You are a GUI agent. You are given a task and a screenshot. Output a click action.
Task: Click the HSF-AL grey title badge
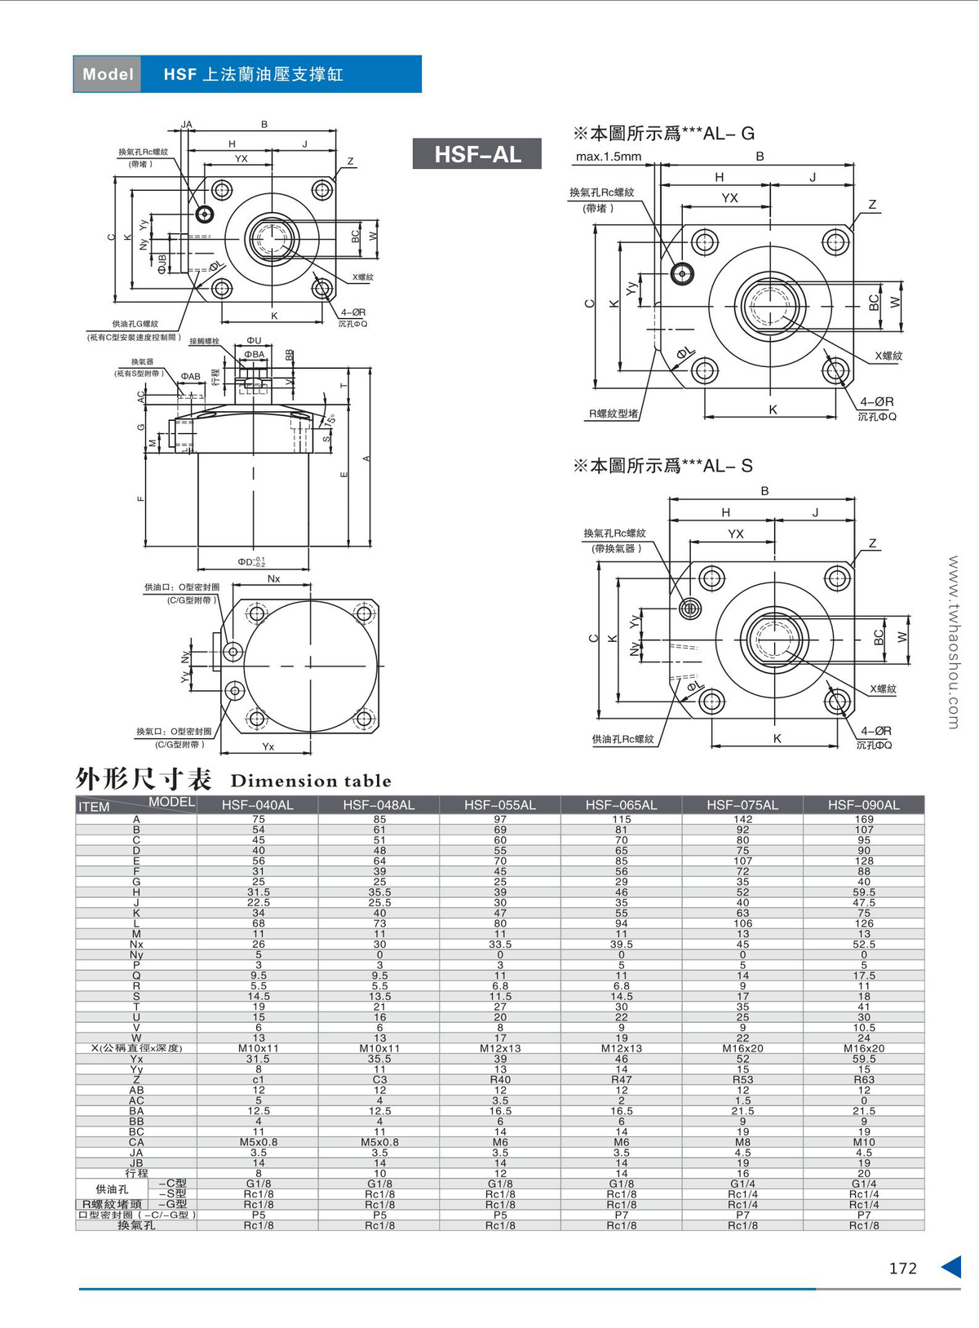477,153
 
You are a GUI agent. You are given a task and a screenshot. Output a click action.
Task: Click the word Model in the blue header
108,74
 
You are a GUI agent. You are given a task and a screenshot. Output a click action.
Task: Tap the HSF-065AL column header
621,805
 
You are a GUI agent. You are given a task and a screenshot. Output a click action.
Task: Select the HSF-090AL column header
863,805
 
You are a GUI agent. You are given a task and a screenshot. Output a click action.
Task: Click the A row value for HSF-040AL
259,819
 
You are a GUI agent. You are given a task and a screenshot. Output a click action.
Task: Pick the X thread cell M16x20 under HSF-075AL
742,1048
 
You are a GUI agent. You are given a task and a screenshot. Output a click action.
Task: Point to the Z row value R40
500,1079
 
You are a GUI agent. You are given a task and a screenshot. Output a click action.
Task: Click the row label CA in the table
136,1142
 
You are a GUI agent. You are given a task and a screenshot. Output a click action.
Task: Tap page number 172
902,1268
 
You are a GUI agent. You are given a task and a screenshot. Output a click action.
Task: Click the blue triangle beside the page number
951,1267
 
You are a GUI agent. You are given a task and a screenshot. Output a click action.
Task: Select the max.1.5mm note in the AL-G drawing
609,157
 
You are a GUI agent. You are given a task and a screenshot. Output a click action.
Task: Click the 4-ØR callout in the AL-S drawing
876,731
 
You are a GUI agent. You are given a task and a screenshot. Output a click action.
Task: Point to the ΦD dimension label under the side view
250,562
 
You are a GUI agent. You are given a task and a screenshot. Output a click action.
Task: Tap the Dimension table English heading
311,781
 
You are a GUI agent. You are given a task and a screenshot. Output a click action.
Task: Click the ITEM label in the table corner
94,807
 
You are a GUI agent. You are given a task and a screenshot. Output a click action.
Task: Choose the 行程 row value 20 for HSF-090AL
864,1173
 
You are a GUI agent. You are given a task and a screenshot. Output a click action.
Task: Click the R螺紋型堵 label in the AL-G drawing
614,414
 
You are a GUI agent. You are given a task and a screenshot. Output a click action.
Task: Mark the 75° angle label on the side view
329,419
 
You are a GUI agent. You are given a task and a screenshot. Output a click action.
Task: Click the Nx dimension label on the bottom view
273,578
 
